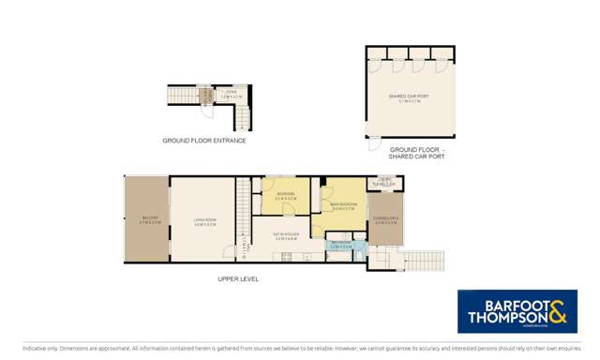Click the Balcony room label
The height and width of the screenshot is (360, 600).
click(149, 219)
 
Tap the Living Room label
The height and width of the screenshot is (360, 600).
click(205, 223)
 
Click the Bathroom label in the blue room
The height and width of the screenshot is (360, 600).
click(340, 246)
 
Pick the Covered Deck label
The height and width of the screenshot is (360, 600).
click(385, 220)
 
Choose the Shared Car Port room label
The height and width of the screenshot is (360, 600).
click(409, 97)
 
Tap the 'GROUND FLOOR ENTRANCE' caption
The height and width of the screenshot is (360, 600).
click(204, 141)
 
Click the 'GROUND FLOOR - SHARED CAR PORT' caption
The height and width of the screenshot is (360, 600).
click(417, 153)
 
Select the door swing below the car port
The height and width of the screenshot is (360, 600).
click(375, 144)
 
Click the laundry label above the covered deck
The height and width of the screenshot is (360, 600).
click(384, 184)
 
